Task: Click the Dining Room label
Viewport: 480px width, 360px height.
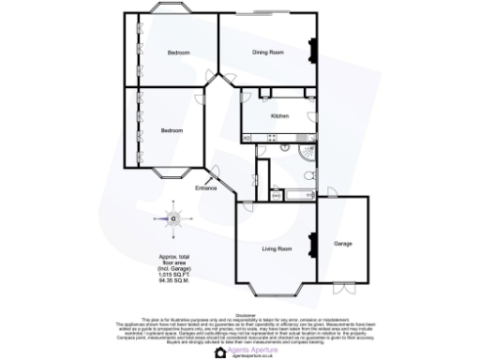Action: click(268, 52)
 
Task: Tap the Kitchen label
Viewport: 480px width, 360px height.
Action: click(279, 115)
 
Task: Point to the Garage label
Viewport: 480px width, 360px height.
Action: click(343, 244)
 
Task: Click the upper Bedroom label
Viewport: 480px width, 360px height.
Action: click(178, 52)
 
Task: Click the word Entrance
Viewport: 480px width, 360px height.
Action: click(205, 189)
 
